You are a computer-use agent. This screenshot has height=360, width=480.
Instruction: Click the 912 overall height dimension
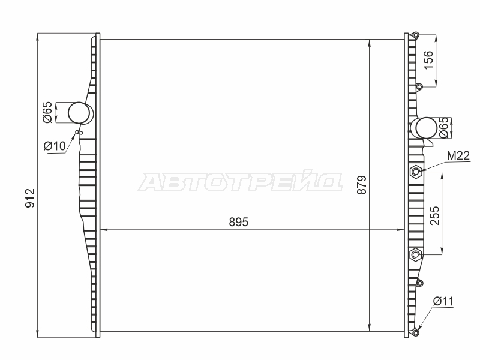click(30, 199)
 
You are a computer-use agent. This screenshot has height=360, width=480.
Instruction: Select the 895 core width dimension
click(239, 222)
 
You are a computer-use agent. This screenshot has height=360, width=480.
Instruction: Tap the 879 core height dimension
click(362, 185)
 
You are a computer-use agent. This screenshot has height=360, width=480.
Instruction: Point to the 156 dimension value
click(429, 60)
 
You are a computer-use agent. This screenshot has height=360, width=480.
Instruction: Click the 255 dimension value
click(435, 215)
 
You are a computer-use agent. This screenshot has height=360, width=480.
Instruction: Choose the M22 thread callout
click(458, 156)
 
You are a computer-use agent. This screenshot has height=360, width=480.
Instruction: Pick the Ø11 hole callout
click(443, 302)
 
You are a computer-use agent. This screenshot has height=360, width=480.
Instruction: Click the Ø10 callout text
click(55, 146)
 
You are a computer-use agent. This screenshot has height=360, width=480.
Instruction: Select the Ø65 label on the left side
click(48, 112)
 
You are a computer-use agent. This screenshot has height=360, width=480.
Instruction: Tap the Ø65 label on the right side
click(443, 128)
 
